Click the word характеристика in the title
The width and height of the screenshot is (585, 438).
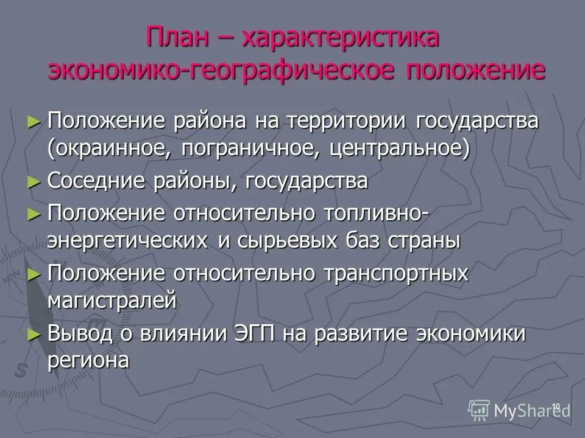coord(341,38)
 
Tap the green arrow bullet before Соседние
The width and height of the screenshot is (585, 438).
coord(34,181)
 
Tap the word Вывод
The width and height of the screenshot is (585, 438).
coord(80,333)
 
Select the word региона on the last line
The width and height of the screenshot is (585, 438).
coord(88,361)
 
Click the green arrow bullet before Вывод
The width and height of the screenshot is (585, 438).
coord(34,334)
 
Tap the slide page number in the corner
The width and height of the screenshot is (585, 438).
coord(555,406)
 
